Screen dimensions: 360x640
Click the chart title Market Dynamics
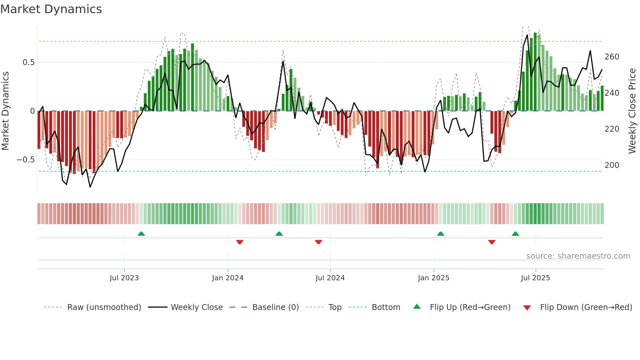pyautogui.click(x=51, y=9)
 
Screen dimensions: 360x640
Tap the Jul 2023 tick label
pyautogui.click(x=124, y=278)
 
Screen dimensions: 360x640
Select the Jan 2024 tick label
pyautogui.click(x=228, y=278)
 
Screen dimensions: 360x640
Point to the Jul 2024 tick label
pyautogui.click(x=330, y=278)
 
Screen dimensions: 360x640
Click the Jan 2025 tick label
pyautogui.click(x=433, y=278)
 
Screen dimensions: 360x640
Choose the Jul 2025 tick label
pyautogui.click(x=535, y=278)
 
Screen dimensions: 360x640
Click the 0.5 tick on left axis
pyautogui.click(x=28, y=62)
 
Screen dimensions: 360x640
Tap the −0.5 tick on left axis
pyautogui.click(x=25, y=160)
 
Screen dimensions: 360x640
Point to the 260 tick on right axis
pyautogui.click(x=612, y=57)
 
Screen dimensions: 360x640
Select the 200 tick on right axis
pyautogui.click(x=612, y=165)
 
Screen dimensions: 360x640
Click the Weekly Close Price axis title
pyautogui.click(x=632, y=111)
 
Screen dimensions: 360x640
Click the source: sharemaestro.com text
pyautogui.click(x=578, y=256)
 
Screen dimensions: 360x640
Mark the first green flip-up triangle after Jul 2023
pyautogui.click(x=141, y=234)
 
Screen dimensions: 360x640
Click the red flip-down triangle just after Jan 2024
pyautogui.click(x=240, y=242)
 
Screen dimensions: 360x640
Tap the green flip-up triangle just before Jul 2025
pyautogui.click(x=515, y=234)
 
